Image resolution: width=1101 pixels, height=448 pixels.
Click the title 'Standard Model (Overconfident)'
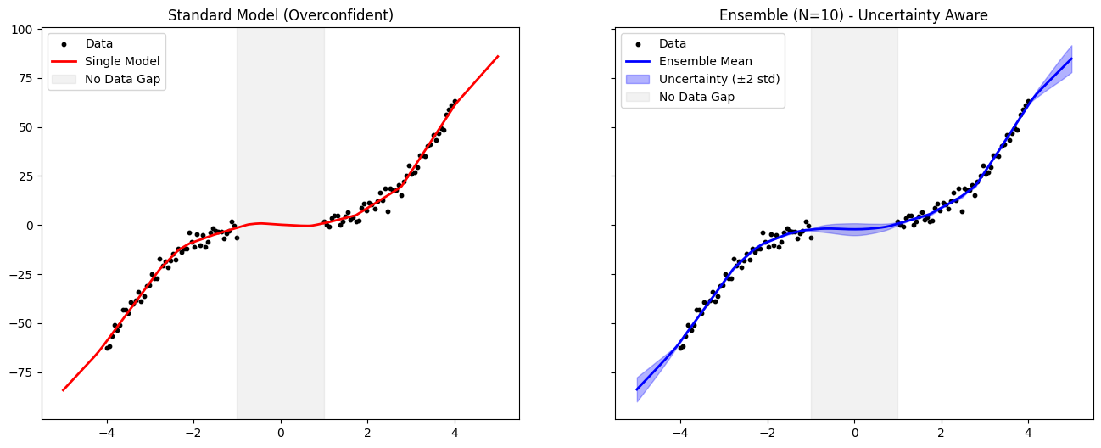pyautogui.click(x=280, y=15)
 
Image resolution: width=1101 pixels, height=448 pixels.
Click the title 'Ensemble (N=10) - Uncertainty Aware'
pyautogui.click(x=853, y=15)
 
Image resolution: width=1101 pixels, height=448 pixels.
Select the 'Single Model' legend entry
pyautogui.click(x=122, y=61)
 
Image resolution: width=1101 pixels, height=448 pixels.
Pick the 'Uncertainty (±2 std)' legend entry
pyautogui.click(x=719, y=79)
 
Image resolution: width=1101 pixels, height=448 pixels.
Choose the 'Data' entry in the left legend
pyautogui.click(x=98, y=43)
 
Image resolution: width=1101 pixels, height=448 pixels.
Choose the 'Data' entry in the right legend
pyautogui.click(x=673, y=43)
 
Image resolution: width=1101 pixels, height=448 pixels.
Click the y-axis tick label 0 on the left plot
pyautogui.click(x=30, y=225)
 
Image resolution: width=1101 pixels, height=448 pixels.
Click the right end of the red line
pyautogui.click(x=498, y=56)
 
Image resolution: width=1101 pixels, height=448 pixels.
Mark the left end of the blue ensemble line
pyautogui.click(x=637, y=389)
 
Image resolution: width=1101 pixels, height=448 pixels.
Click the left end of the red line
pyautogui.click(x=63, y=390)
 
